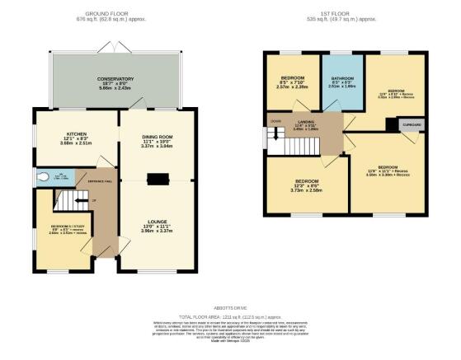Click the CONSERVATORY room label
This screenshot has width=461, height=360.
click(115, 79)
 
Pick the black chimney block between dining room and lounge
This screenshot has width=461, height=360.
click(155, 177)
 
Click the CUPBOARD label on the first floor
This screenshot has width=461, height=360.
click(412, 127)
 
